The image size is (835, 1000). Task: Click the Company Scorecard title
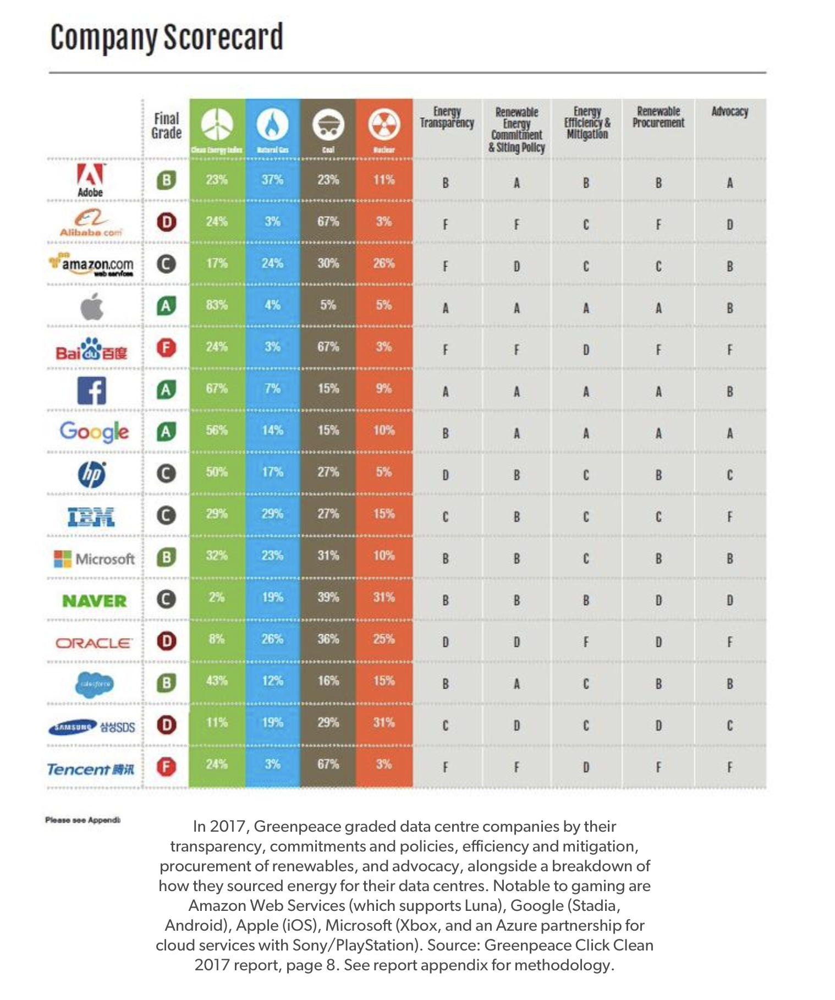point(167,37)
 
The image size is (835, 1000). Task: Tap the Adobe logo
point(90,179)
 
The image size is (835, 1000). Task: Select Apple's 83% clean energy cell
point(217,305)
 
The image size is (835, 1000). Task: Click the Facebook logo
point(91,391)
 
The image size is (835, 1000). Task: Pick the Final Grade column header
point(166,126)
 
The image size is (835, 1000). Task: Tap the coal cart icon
point(328,125)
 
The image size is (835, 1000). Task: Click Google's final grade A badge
point(166,432)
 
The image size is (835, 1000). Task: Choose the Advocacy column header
point(730,112)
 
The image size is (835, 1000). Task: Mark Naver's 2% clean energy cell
point(217,597)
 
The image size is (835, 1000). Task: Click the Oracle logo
point(94,642)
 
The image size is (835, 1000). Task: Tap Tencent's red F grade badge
point(166,766)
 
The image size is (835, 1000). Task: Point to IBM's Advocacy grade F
point(730,517)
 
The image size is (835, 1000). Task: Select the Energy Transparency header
point(447,117)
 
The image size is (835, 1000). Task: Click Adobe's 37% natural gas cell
point(272,180)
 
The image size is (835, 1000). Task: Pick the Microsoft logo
point(94,559)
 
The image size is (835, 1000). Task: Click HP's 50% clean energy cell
point(217,472)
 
